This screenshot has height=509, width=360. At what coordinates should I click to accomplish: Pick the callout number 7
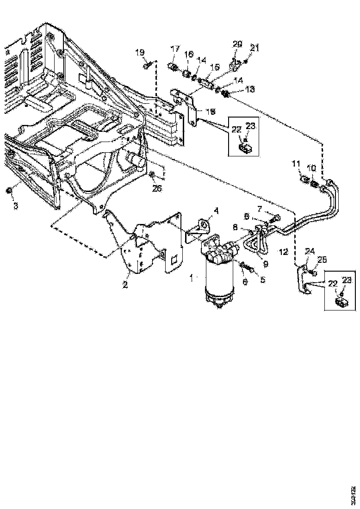point(259,209)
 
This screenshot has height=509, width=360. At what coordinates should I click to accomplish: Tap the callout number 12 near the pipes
point(283,252)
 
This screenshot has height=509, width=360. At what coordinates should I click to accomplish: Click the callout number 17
point(175,49)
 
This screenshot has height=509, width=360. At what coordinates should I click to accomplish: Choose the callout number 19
point(141,52)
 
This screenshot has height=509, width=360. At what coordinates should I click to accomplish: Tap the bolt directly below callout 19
point(147,67)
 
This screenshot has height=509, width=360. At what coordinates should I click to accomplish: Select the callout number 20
point(237,44)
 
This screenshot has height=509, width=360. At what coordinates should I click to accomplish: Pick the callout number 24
point(310,252)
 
